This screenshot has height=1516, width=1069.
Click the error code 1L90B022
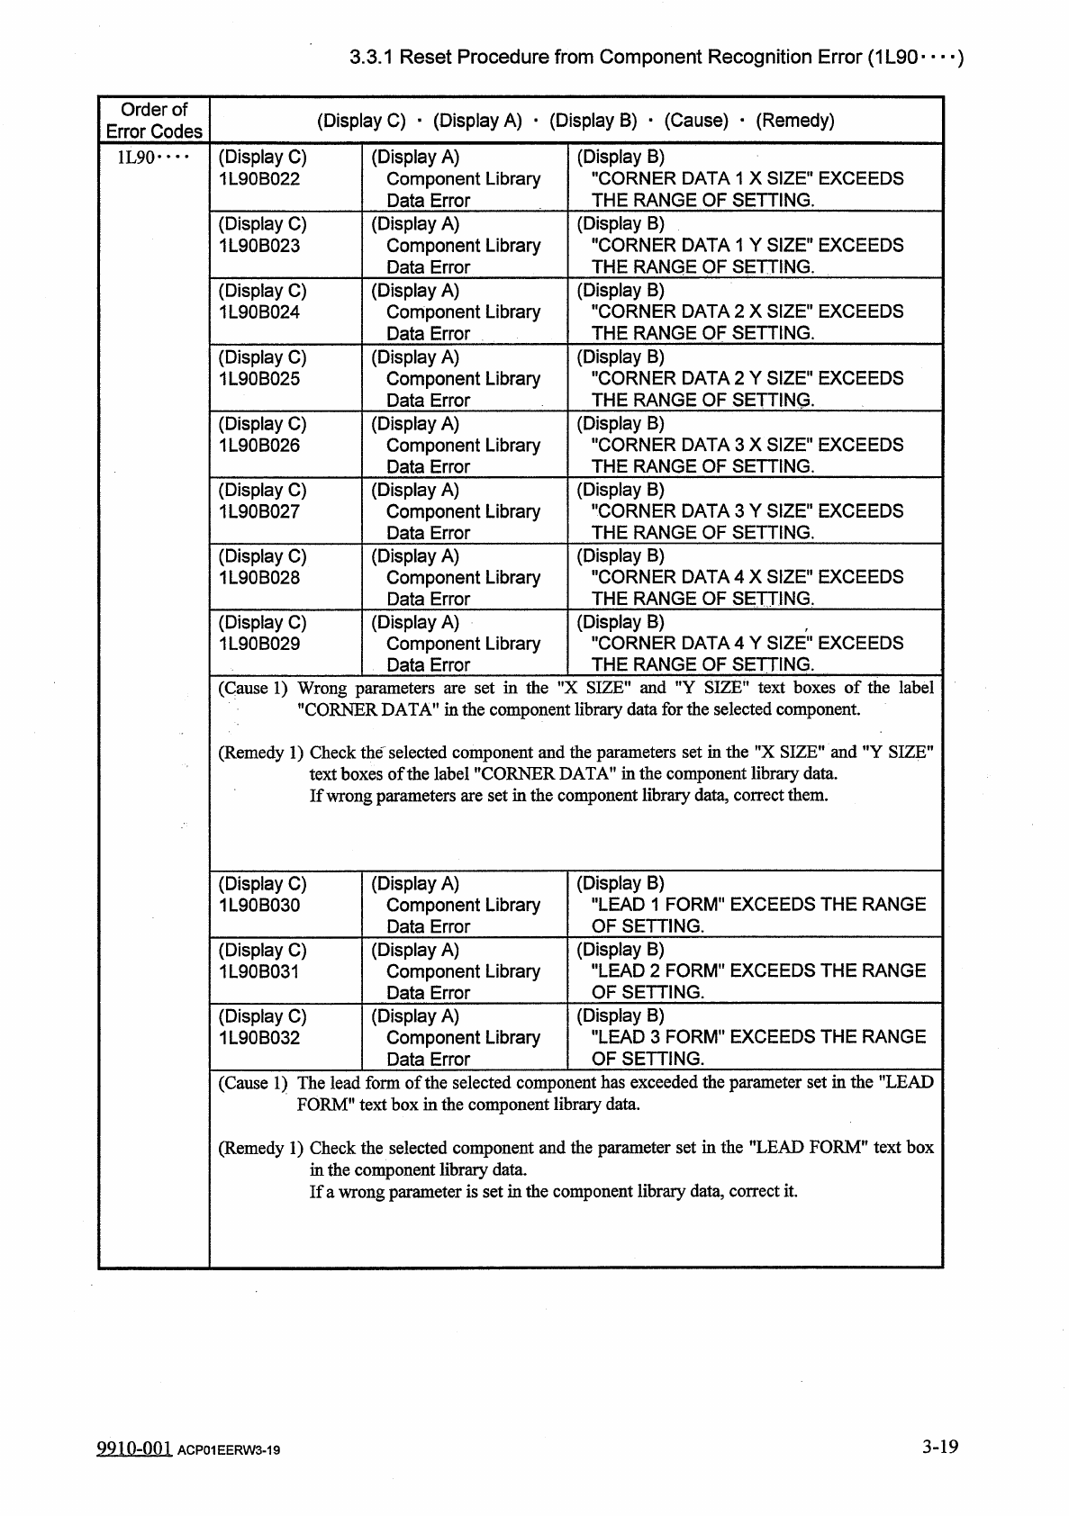[259, 178]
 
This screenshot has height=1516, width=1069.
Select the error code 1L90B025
[259, 378]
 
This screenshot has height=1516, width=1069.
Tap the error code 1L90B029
[259, 644]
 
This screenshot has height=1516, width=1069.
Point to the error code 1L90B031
[259, 971]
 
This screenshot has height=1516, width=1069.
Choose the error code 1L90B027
[259, 511]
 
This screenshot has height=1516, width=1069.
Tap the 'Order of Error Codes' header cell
[154, 121]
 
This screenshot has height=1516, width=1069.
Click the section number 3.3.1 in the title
[373, 58]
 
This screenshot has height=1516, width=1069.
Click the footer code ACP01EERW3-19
[229, 1450]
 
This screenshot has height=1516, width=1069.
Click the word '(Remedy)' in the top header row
[795, 121]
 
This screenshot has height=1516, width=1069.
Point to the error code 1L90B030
[259, 905]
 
